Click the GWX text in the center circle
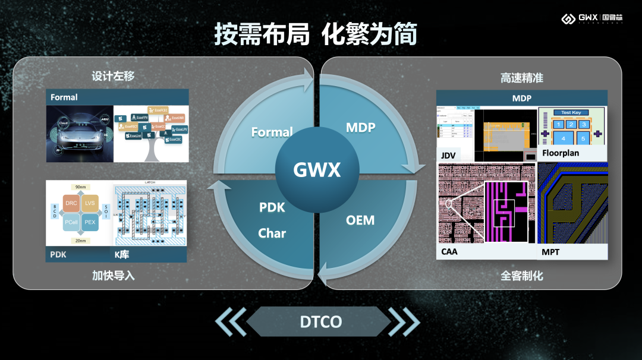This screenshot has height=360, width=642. (x=317, y=170)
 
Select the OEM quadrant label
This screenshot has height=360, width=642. (x=360, y=220)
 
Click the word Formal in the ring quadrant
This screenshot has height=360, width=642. (x=272, y=132)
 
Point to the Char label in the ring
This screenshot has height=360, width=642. (x=272, y=233)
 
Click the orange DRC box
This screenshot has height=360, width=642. (x=71, y=203)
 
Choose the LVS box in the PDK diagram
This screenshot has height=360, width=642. (x=90, y=203)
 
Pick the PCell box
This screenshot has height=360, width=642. (x=71, y=222)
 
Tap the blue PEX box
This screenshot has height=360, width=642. (x=90, y=222)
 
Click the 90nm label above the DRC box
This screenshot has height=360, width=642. (x=81, y=187)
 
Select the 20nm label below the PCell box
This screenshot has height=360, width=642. (x=81, y=240)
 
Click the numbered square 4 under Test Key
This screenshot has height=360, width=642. (x=563, y=138)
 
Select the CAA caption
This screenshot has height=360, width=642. (x=450, y=252)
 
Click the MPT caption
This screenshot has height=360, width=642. (x=550, y=252)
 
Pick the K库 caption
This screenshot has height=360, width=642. (x=122, y=255)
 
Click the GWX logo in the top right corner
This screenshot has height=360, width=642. (x=592, y=18)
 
